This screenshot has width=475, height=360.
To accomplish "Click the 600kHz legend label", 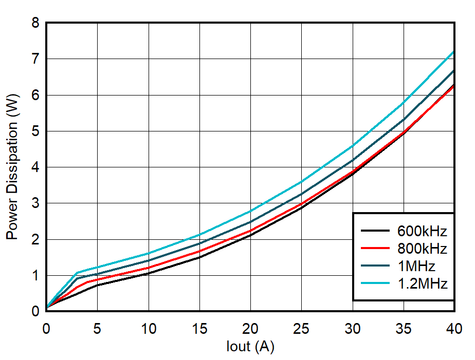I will pos(422,231).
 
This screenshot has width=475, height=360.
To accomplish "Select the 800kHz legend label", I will pos(422,249).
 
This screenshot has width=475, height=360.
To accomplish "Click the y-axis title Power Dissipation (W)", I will pos(13,166).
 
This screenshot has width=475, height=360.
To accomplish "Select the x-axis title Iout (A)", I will pos(250,347).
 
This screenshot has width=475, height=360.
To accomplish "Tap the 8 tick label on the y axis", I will pos(35,23).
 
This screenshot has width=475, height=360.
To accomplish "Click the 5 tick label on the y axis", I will pos(35,131).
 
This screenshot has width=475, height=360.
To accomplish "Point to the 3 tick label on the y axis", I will pos(35,203).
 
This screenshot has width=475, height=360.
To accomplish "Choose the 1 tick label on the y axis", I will pos(35,276).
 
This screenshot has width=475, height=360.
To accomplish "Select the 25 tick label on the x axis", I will pos(301,329).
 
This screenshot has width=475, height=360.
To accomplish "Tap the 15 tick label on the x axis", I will pos(199,329).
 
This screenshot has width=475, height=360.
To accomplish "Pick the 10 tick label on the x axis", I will pos(149,329).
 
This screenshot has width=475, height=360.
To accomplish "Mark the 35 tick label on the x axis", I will pos(404,329).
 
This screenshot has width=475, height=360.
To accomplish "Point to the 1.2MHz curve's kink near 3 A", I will pos(77,273).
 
